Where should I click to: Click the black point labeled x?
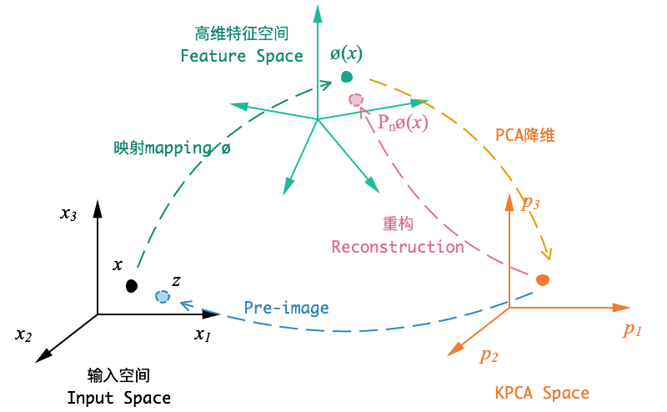click(x=132, y=286)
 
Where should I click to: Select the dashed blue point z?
click(x=163, y=296)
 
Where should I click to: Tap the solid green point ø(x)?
click(x=347, y=77)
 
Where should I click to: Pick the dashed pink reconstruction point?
click(x=356, y=100)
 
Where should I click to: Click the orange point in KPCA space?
click(x=543, y=280)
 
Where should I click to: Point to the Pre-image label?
click(x=286, y=308)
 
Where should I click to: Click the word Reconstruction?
click(x=398, y=247)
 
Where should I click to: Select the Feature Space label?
click(x=242, y=56)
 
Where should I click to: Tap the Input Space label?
click(x=119, y=398)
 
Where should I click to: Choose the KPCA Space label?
click(x=542, y=393)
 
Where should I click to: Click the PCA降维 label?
click(x=525, y=135)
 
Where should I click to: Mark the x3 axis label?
click(x=68, y=214)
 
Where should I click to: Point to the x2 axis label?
click(x=23, y=335)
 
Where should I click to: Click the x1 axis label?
click(x=203, y=335)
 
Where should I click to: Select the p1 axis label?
click(x=632, y=330)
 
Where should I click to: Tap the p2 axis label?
click(x=489, y=355)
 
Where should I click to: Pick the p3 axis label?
click(x=530, y=203)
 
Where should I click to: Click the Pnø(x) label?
click(x=403, y=123)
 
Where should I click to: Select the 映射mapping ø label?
click(x=172, y=148)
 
